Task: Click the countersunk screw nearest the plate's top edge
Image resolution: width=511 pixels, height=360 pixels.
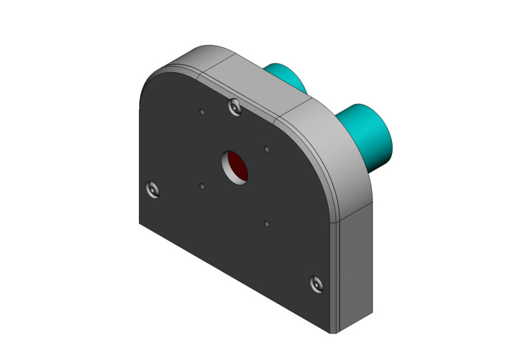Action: (233, 106)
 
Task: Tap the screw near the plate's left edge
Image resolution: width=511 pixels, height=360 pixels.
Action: (152, 190)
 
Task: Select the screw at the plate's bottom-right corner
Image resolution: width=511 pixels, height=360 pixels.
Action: (317, 284)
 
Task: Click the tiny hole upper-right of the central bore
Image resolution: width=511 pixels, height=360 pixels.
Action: (266, 148)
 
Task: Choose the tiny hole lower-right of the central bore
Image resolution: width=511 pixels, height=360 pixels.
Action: (265, 223)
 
